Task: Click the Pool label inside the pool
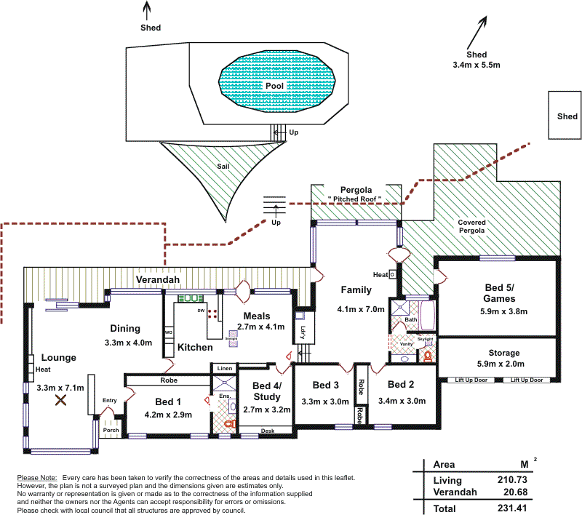273,86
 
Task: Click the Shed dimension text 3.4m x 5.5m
477,65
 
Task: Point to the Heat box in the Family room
391,274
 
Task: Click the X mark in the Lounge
62,399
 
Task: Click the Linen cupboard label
224,370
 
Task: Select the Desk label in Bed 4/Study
268,431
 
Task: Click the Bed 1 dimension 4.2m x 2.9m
168,415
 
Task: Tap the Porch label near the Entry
111,430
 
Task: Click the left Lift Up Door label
471,380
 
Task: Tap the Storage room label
498,352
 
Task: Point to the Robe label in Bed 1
168,380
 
